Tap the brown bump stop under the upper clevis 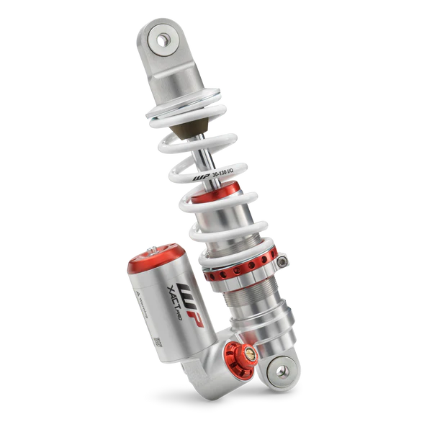(188, 134)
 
